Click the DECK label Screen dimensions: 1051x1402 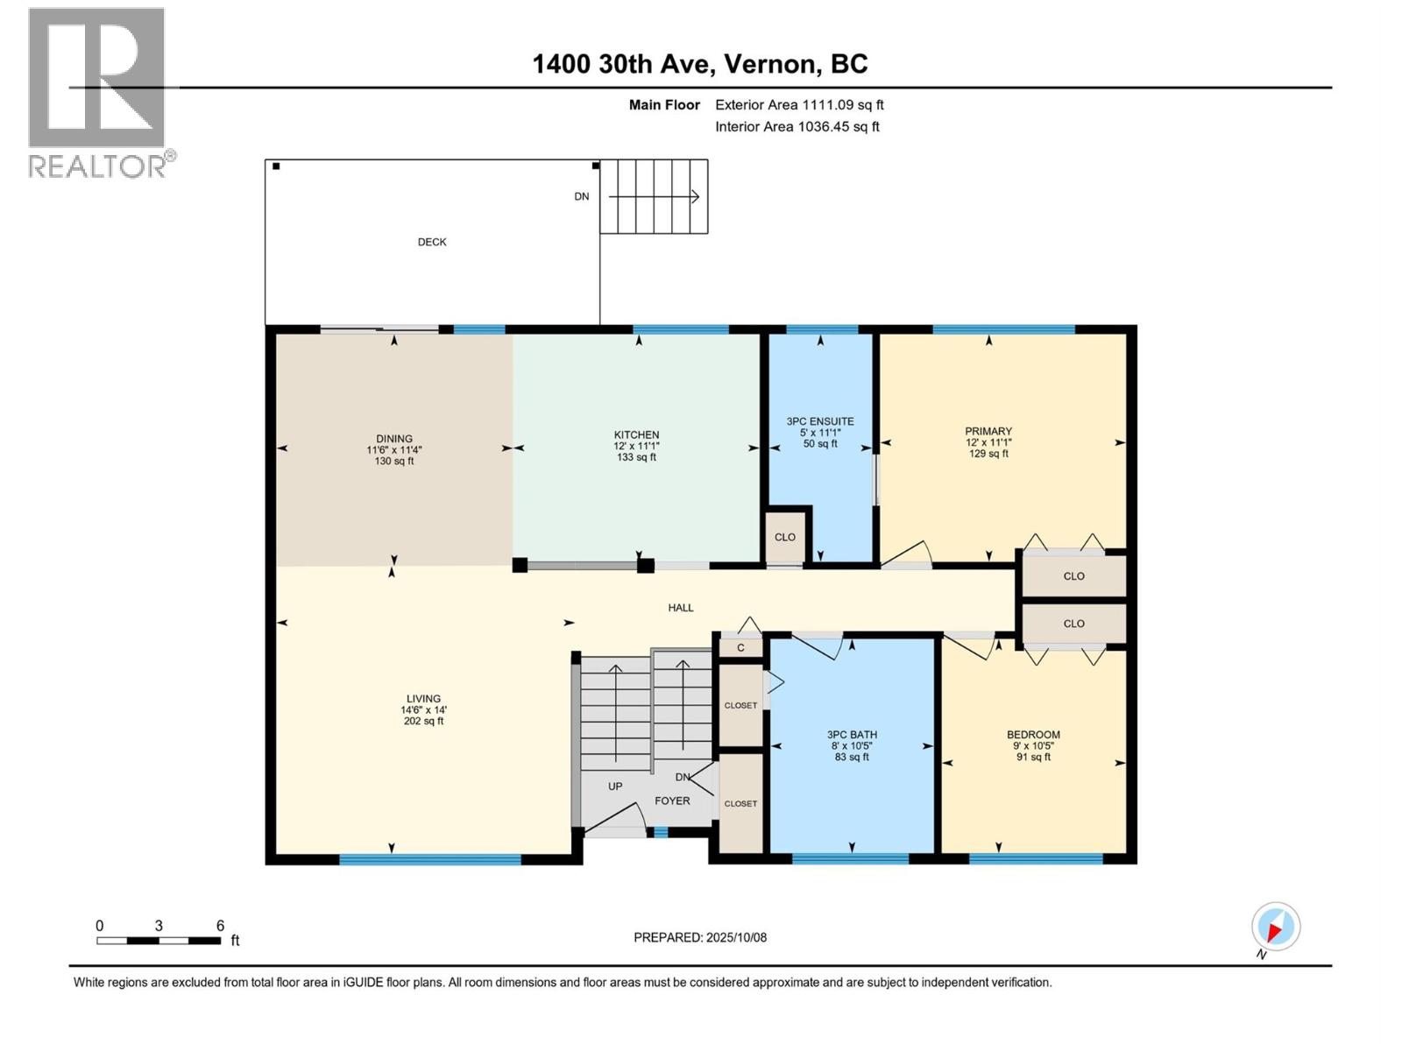(x=432, y=242)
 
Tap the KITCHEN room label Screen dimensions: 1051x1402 (x=636, y=435)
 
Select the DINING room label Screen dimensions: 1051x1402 (x=394, y=439)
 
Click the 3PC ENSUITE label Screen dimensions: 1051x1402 (x=820, y=421)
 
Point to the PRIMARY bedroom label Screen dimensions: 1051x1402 (x=988, y=431)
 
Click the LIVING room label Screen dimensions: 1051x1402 (x=423, y=699)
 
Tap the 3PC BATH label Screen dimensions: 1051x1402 (x=852, y=735)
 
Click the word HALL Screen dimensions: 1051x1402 (x=681, y=607)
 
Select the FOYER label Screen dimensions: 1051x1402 (x=672, y=801)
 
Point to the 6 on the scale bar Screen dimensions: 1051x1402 (x=220, y=925)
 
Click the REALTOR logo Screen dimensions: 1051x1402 (x=98, y=92)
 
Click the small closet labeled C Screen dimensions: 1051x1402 (x=740, y=648)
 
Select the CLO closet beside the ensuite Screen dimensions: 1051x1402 (x=785, y=537)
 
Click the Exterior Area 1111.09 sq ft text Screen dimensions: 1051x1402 (x=799, y=104)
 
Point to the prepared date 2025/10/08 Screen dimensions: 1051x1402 (x=734, y=937)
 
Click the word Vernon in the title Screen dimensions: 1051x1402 (x=771, y=64)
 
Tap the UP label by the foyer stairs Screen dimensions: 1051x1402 (x=615, y=786)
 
